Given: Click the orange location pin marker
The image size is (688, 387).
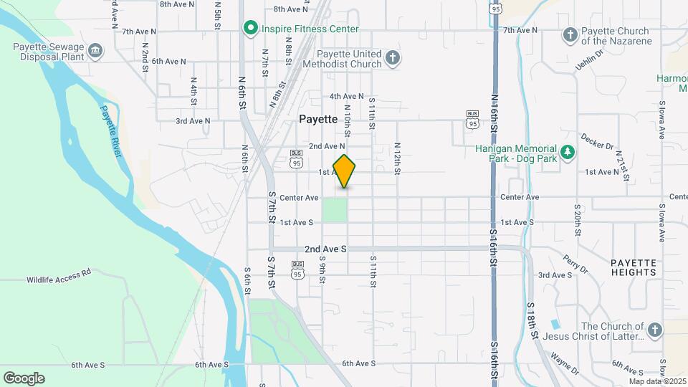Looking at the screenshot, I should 344,171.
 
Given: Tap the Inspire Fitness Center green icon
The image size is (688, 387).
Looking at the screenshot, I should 250,29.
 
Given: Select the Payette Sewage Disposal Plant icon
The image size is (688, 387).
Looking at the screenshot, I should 95,50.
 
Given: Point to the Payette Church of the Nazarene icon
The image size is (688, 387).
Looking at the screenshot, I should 570,34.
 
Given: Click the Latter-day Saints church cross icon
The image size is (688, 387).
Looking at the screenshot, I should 654,330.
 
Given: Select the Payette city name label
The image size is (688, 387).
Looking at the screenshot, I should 318,120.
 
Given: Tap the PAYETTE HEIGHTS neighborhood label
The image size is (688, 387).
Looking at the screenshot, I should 634,267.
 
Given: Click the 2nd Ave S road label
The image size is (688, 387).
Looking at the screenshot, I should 325,249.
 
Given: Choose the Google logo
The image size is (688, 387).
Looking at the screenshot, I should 24,378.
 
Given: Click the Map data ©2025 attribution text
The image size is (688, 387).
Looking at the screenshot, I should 658,381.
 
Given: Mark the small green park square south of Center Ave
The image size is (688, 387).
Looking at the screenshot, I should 335,210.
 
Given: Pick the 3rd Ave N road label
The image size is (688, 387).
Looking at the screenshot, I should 193,121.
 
